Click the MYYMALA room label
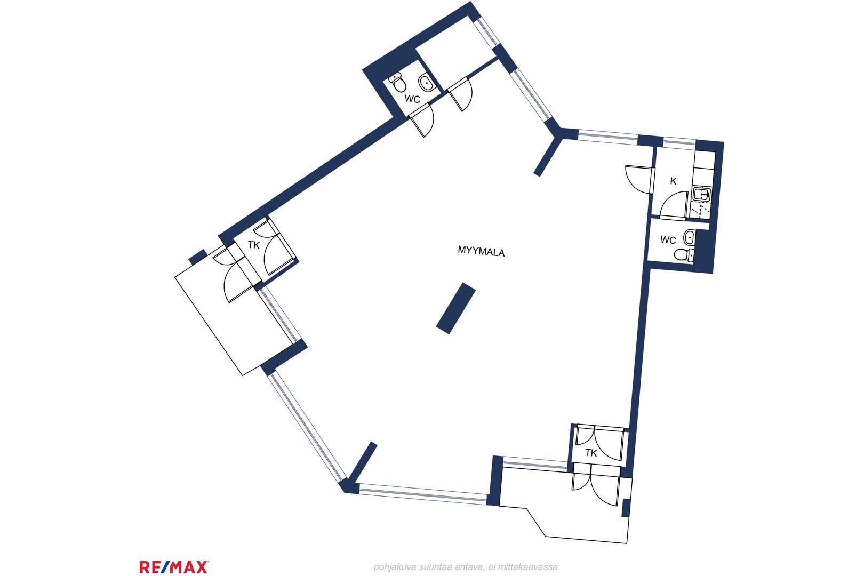point(481,251)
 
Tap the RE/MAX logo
point(174,567)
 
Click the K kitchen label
point(674,181)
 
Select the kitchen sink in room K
point(702,194)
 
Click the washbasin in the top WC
point(426,83)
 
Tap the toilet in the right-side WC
point(684,255)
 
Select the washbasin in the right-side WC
point(689,237)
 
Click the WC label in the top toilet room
point(412,99)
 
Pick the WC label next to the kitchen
point(668,240)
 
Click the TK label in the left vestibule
point(254,245)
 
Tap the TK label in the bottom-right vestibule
point(591,453)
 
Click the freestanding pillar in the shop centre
point(456,308)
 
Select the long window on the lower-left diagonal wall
point(307,427)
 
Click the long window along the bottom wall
point(422,494)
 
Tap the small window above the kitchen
point(679,143)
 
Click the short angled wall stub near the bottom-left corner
point(363,462)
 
